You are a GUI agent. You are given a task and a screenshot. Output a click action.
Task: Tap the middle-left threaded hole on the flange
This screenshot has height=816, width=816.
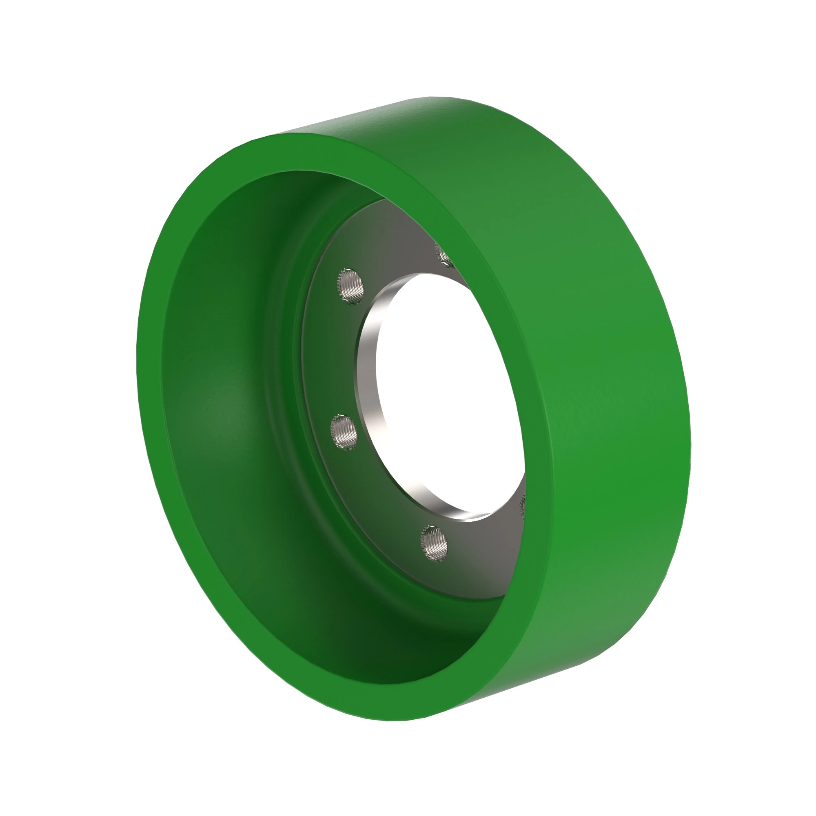tap(344, 432)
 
